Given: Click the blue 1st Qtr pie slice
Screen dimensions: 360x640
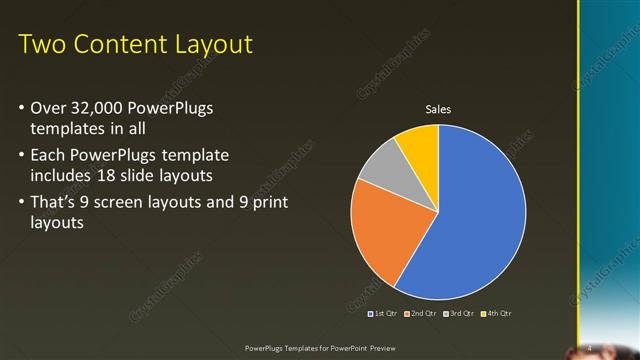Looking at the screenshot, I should (470, 220).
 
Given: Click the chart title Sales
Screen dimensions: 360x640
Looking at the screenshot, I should (439, 109).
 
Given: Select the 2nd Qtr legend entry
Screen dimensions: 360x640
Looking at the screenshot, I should (421, 313).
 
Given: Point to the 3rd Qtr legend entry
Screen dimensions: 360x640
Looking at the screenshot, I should (458, 313).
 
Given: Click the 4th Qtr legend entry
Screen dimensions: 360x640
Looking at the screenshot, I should (495, 313).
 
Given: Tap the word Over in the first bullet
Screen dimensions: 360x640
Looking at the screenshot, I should (49, 107).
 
